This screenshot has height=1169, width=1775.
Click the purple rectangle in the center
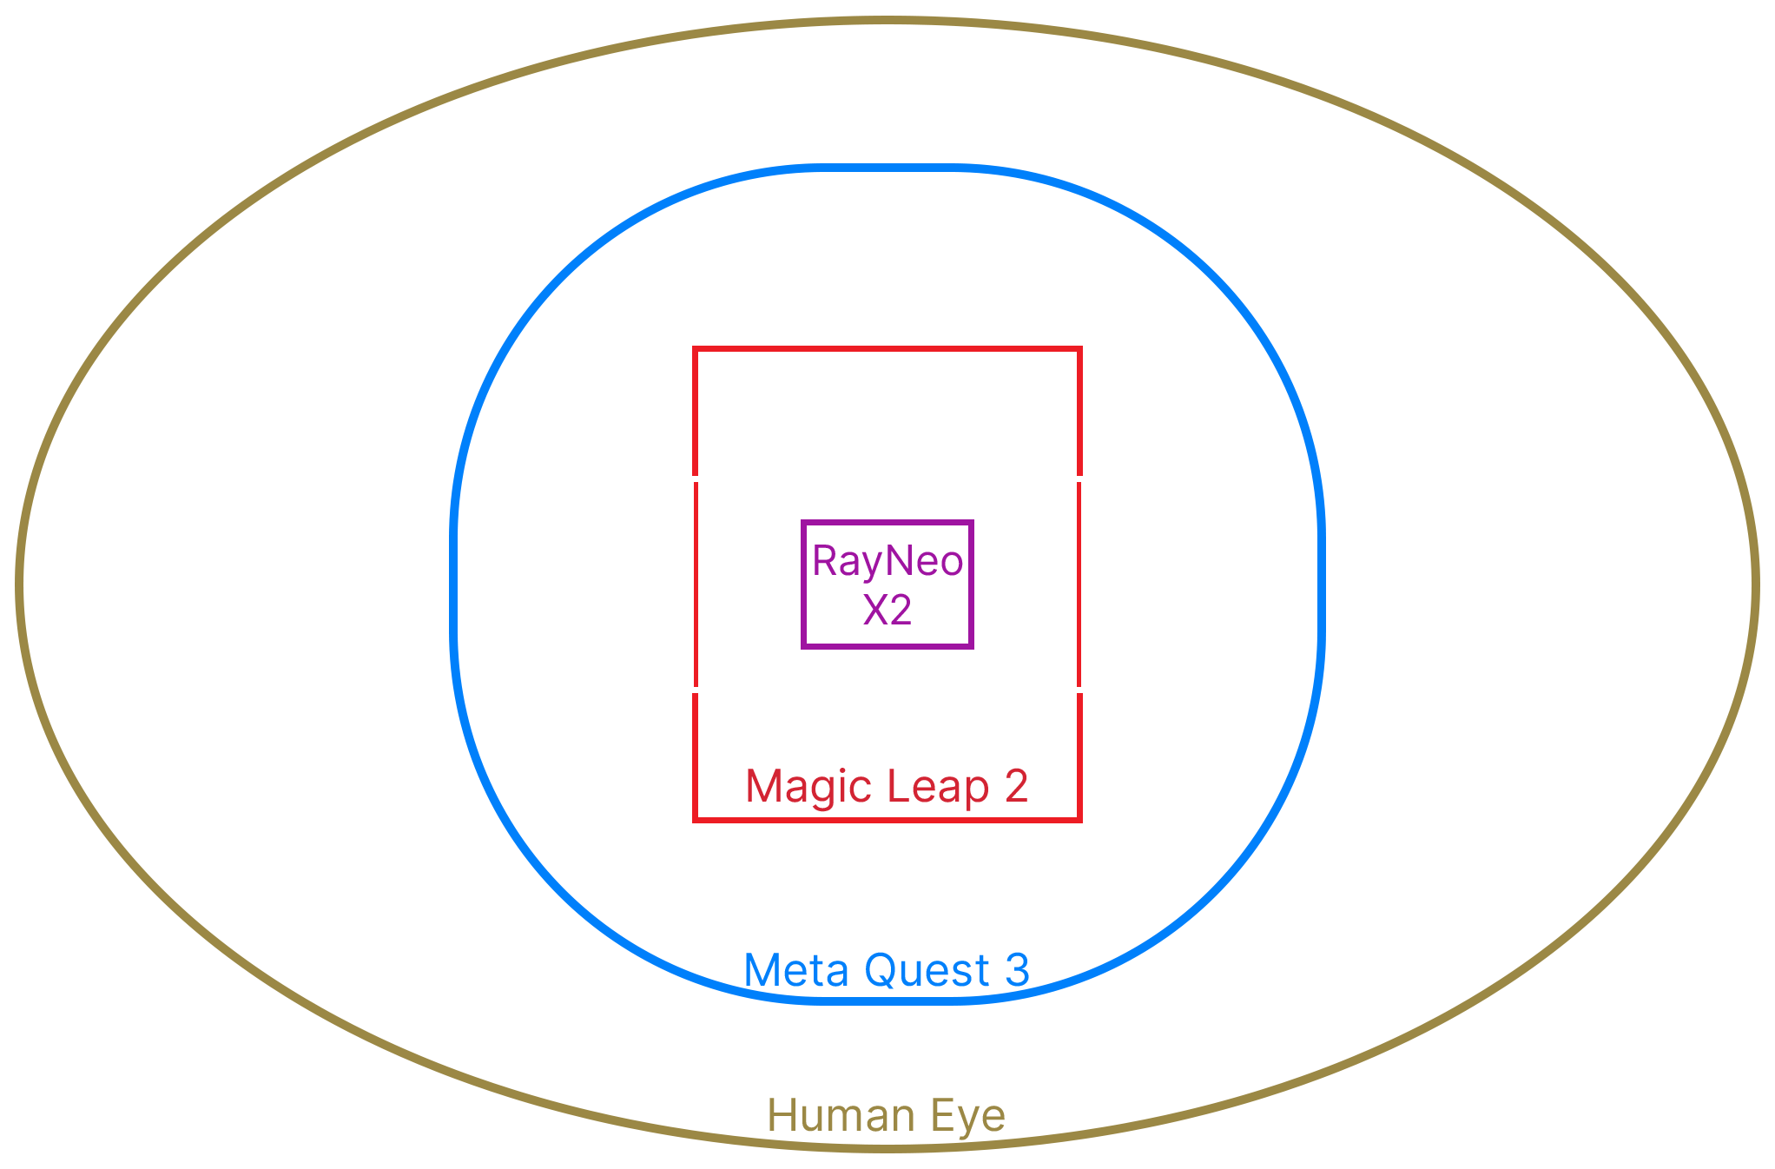[x=887, y=584]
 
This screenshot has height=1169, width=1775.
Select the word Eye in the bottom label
[x=966, y=1117]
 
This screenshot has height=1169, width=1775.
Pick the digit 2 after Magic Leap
[x=1017, y=786]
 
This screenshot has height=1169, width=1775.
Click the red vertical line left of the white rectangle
[x=696, y=584]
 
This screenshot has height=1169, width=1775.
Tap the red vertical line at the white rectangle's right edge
[x=1079, y=584]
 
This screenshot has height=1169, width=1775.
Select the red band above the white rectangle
[x=887, y=409]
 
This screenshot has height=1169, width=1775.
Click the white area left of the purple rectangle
[x=748, y=584]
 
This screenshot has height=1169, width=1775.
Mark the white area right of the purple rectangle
[x=1026, y=584]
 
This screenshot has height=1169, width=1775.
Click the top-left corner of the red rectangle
[x=692, y=347]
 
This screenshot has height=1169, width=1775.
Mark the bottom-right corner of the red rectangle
[x=1082, y=822]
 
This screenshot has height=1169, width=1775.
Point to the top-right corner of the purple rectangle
[x=973, y=520]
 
